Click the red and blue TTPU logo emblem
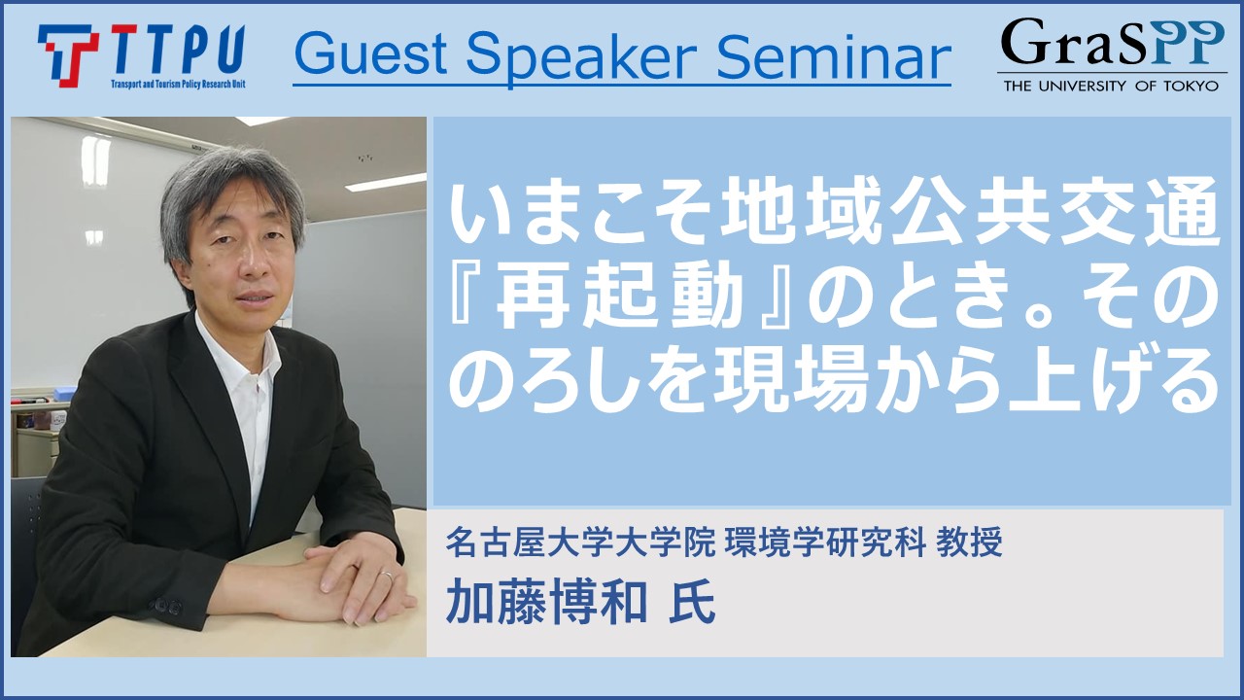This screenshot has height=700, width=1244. [x=68, y=55]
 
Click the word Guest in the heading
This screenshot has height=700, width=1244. [x=370, y=54]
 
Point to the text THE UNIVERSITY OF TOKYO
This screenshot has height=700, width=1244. [x=1111, y=86]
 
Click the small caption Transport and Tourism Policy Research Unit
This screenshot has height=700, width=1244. [x=178, y=84]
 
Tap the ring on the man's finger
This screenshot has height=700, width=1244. [x=387, y=576]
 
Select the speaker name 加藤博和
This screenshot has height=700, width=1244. [x=546, y=602]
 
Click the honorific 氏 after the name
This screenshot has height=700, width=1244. [x=691, y=602]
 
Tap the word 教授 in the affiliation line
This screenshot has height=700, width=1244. [x=970, y=542]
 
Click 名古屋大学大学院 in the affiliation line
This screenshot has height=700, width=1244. [x=580, y=542]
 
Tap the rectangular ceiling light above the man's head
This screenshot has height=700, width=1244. [x=386, y=182]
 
